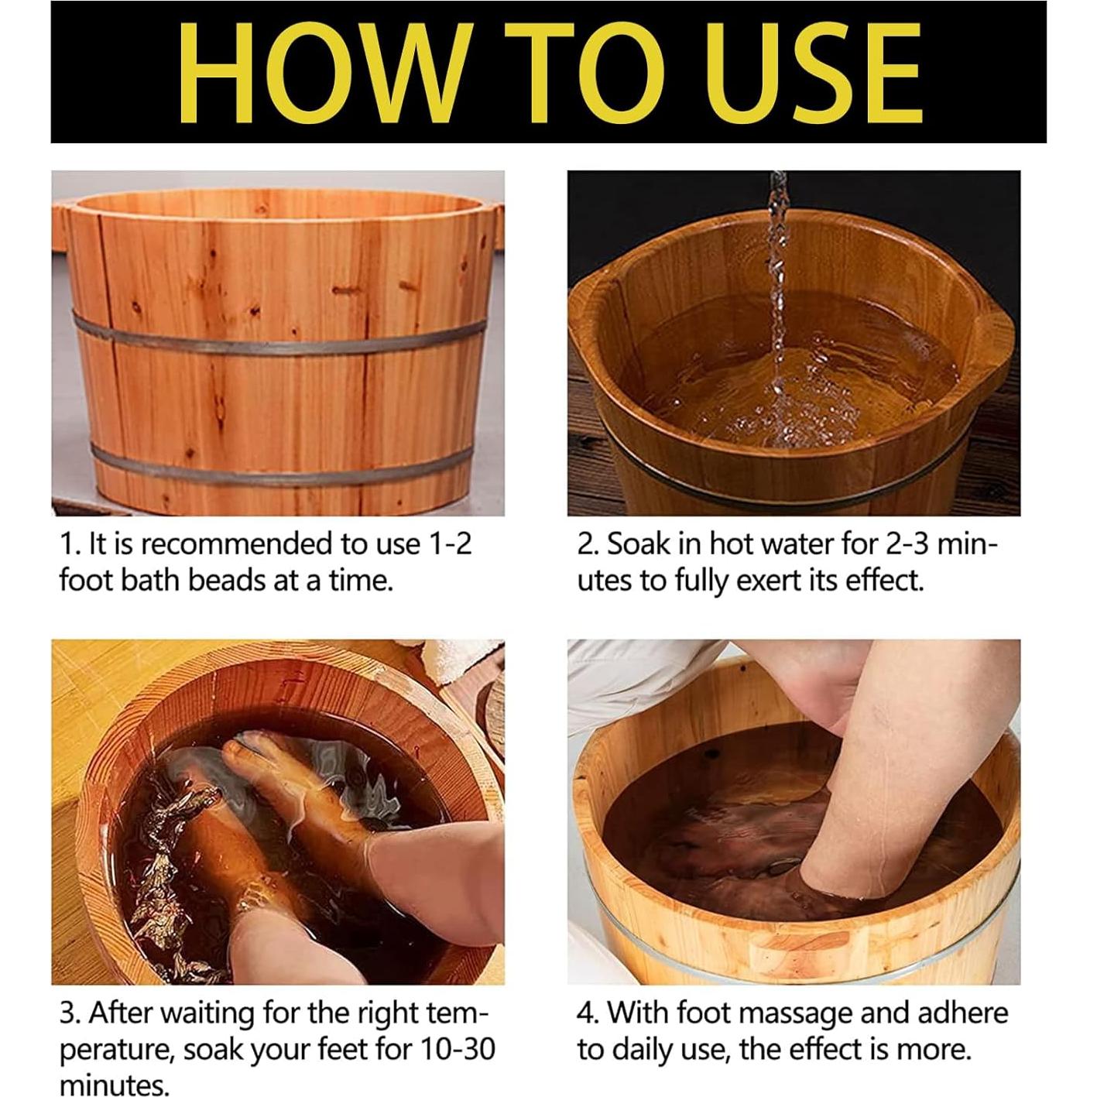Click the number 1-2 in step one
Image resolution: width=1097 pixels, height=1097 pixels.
coord(449,544)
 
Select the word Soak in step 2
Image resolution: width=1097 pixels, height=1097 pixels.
coord(639,544)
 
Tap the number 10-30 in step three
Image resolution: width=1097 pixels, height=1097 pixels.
coord(458,1050)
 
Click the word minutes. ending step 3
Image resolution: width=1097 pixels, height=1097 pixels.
coord(114,1085)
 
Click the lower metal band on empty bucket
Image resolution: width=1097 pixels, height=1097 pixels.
coord(279,465)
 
